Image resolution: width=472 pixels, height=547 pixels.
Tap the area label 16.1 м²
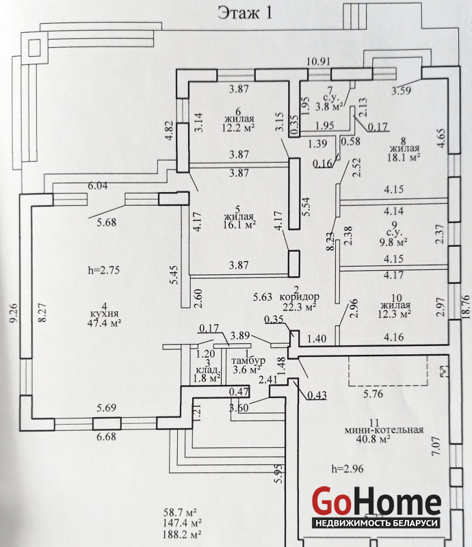point(239,224)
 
